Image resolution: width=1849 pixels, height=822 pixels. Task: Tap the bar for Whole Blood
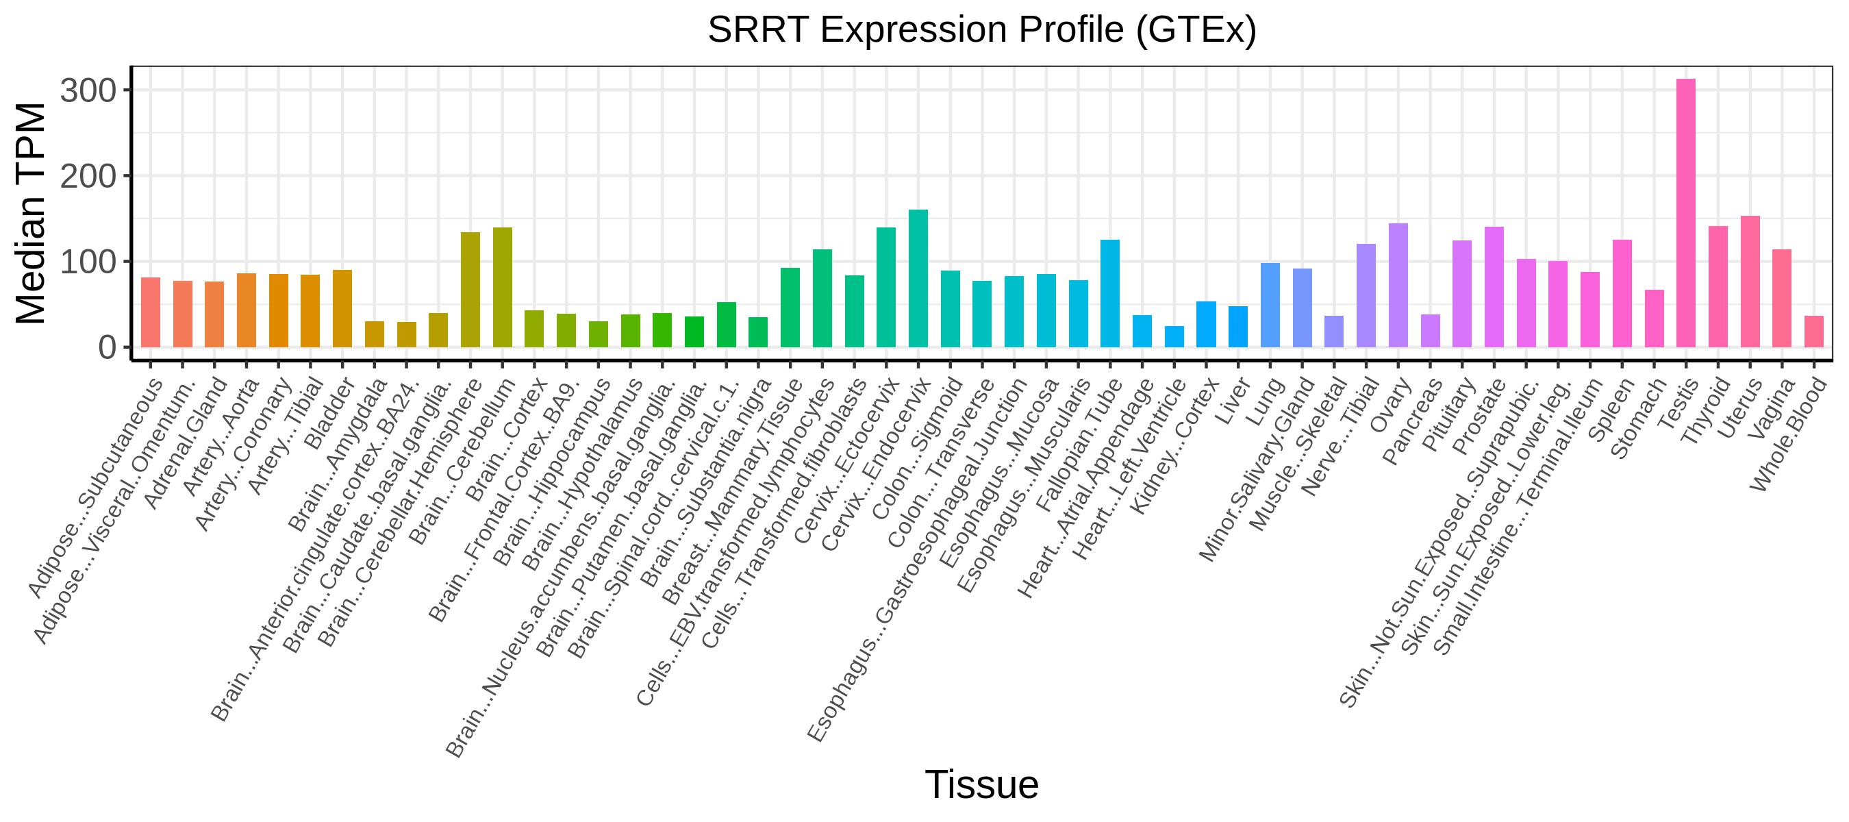[x=1814, y=332]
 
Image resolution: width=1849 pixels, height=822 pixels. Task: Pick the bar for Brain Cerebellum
[x=503, y=287]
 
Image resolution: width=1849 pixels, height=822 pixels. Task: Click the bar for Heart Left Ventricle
[x=1174, y=337]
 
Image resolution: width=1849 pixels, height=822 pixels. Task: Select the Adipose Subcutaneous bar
[x=151, y=312]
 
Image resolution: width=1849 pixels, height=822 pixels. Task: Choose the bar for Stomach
[x=1655, y=319]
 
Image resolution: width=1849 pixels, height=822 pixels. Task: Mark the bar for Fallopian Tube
[x=1110, y=294]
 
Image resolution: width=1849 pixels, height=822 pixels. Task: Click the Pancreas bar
[x=1431, y=331]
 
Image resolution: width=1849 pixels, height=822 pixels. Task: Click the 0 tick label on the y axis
[x=106, y=348]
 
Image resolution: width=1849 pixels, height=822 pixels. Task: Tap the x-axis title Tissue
[x=981, y=784]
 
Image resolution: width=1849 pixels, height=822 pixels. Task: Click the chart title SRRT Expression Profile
[x=981, y=30]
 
